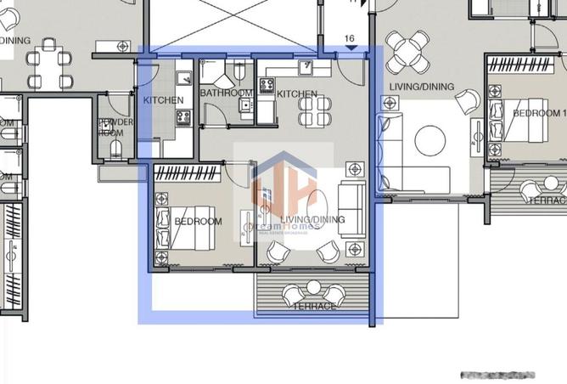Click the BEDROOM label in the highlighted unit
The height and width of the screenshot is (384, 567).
pyautogui.click(x=198, y=222)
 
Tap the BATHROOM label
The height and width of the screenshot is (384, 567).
pyautogui.click(x=226, y=93)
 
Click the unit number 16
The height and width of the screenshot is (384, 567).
pyautogui.click(x=350, y=39)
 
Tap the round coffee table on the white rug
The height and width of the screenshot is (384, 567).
pyautogui.click(x=430, y=139)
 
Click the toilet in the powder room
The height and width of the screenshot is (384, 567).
pyautogui.click(x=115, y=150)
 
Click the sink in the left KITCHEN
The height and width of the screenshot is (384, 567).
pyautogui.click(x=183, y=78)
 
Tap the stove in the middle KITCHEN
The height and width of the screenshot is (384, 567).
pyautogui.click(x=266, y=85)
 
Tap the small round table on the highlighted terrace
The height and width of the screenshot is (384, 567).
pyautogui.click(x=312, y=292)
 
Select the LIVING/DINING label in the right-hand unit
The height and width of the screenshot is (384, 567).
pyautogui.click(x=421, y=87)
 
